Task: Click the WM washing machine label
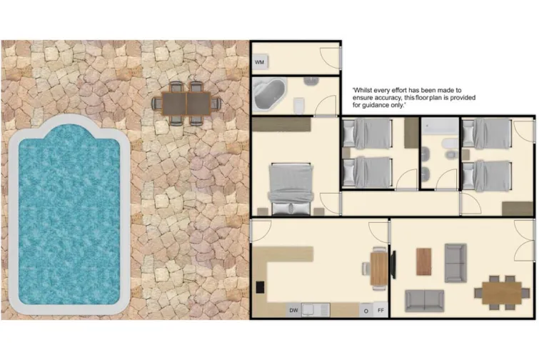coord(260,64)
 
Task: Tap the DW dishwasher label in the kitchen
coord(293,311)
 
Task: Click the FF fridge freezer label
coord(381,311)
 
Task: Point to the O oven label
coord(366,311)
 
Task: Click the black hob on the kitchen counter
coord(260,288)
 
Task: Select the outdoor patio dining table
coord(186,104)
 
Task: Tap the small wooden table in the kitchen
coord(379,268)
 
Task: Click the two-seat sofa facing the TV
coord(424,301)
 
